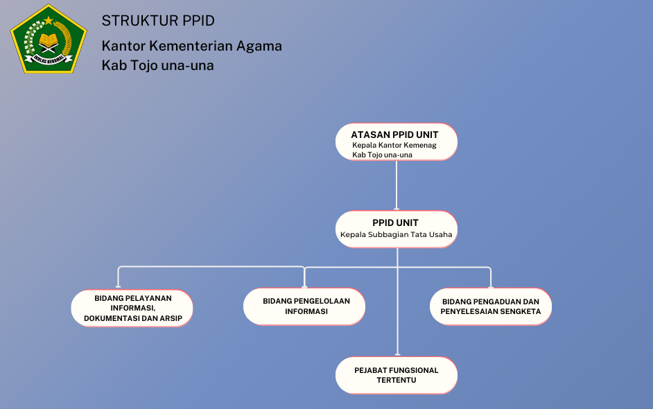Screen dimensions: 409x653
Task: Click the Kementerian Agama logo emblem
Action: tap(48, 39)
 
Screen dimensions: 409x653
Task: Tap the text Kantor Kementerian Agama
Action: tap(191, 46)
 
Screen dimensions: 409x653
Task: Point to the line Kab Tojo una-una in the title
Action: tap(157, 66)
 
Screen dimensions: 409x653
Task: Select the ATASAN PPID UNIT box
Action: tap(397, 142)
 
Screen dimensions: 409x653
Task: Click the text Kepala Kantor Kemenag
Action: tap(392, 145)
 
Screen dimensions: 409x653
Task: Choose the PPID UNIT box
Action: tap(397, 229)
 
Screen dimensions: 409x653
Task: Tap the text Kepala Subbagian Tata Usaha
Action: tap(396, 235)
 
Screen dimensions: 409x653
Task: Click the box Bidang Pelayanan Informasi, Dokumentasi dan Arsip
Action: tap(132, 308)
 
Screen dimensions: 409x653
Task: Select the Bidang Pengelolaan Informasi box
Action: tap(305, 306)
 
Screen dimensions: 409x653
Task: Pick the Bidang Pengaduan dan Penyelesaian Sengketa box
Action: tap(490, 306)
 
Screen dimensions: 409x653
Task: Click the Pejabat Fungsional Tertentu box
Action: tap(397, 375)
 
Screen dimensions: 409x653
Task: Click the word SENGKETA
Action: tap(522, 312)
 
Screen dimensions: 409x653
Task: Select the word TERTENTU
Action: tap(397, 381)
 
